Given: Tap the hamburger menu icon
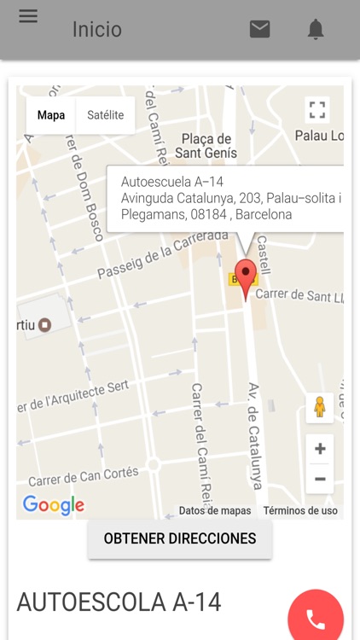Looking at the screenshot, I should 28,16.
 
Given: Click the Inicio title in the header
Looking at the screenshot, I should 96,30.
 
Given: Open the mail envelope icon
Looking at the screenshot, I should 259,29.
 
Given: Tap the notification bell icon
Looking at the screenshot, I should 316,30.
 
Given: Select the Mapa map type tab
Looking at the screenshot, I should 51,115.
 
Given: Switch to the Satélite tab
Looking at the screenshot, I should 106,115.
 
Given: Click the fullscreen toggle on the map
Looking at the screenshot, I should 317,110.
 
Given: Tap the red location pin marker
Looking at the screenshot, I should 246,278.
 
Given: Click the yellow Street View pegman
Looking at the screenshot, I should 320,408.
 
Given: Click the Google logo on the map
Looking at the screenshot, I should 54,505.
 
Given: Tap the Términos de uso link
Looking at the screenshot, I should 300,510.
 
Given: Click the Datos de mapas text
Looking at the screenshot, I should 215,510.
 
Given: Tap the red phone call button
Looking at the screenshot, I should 316,619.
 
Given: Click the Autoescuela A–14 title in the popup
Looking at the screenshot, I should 172,182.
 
